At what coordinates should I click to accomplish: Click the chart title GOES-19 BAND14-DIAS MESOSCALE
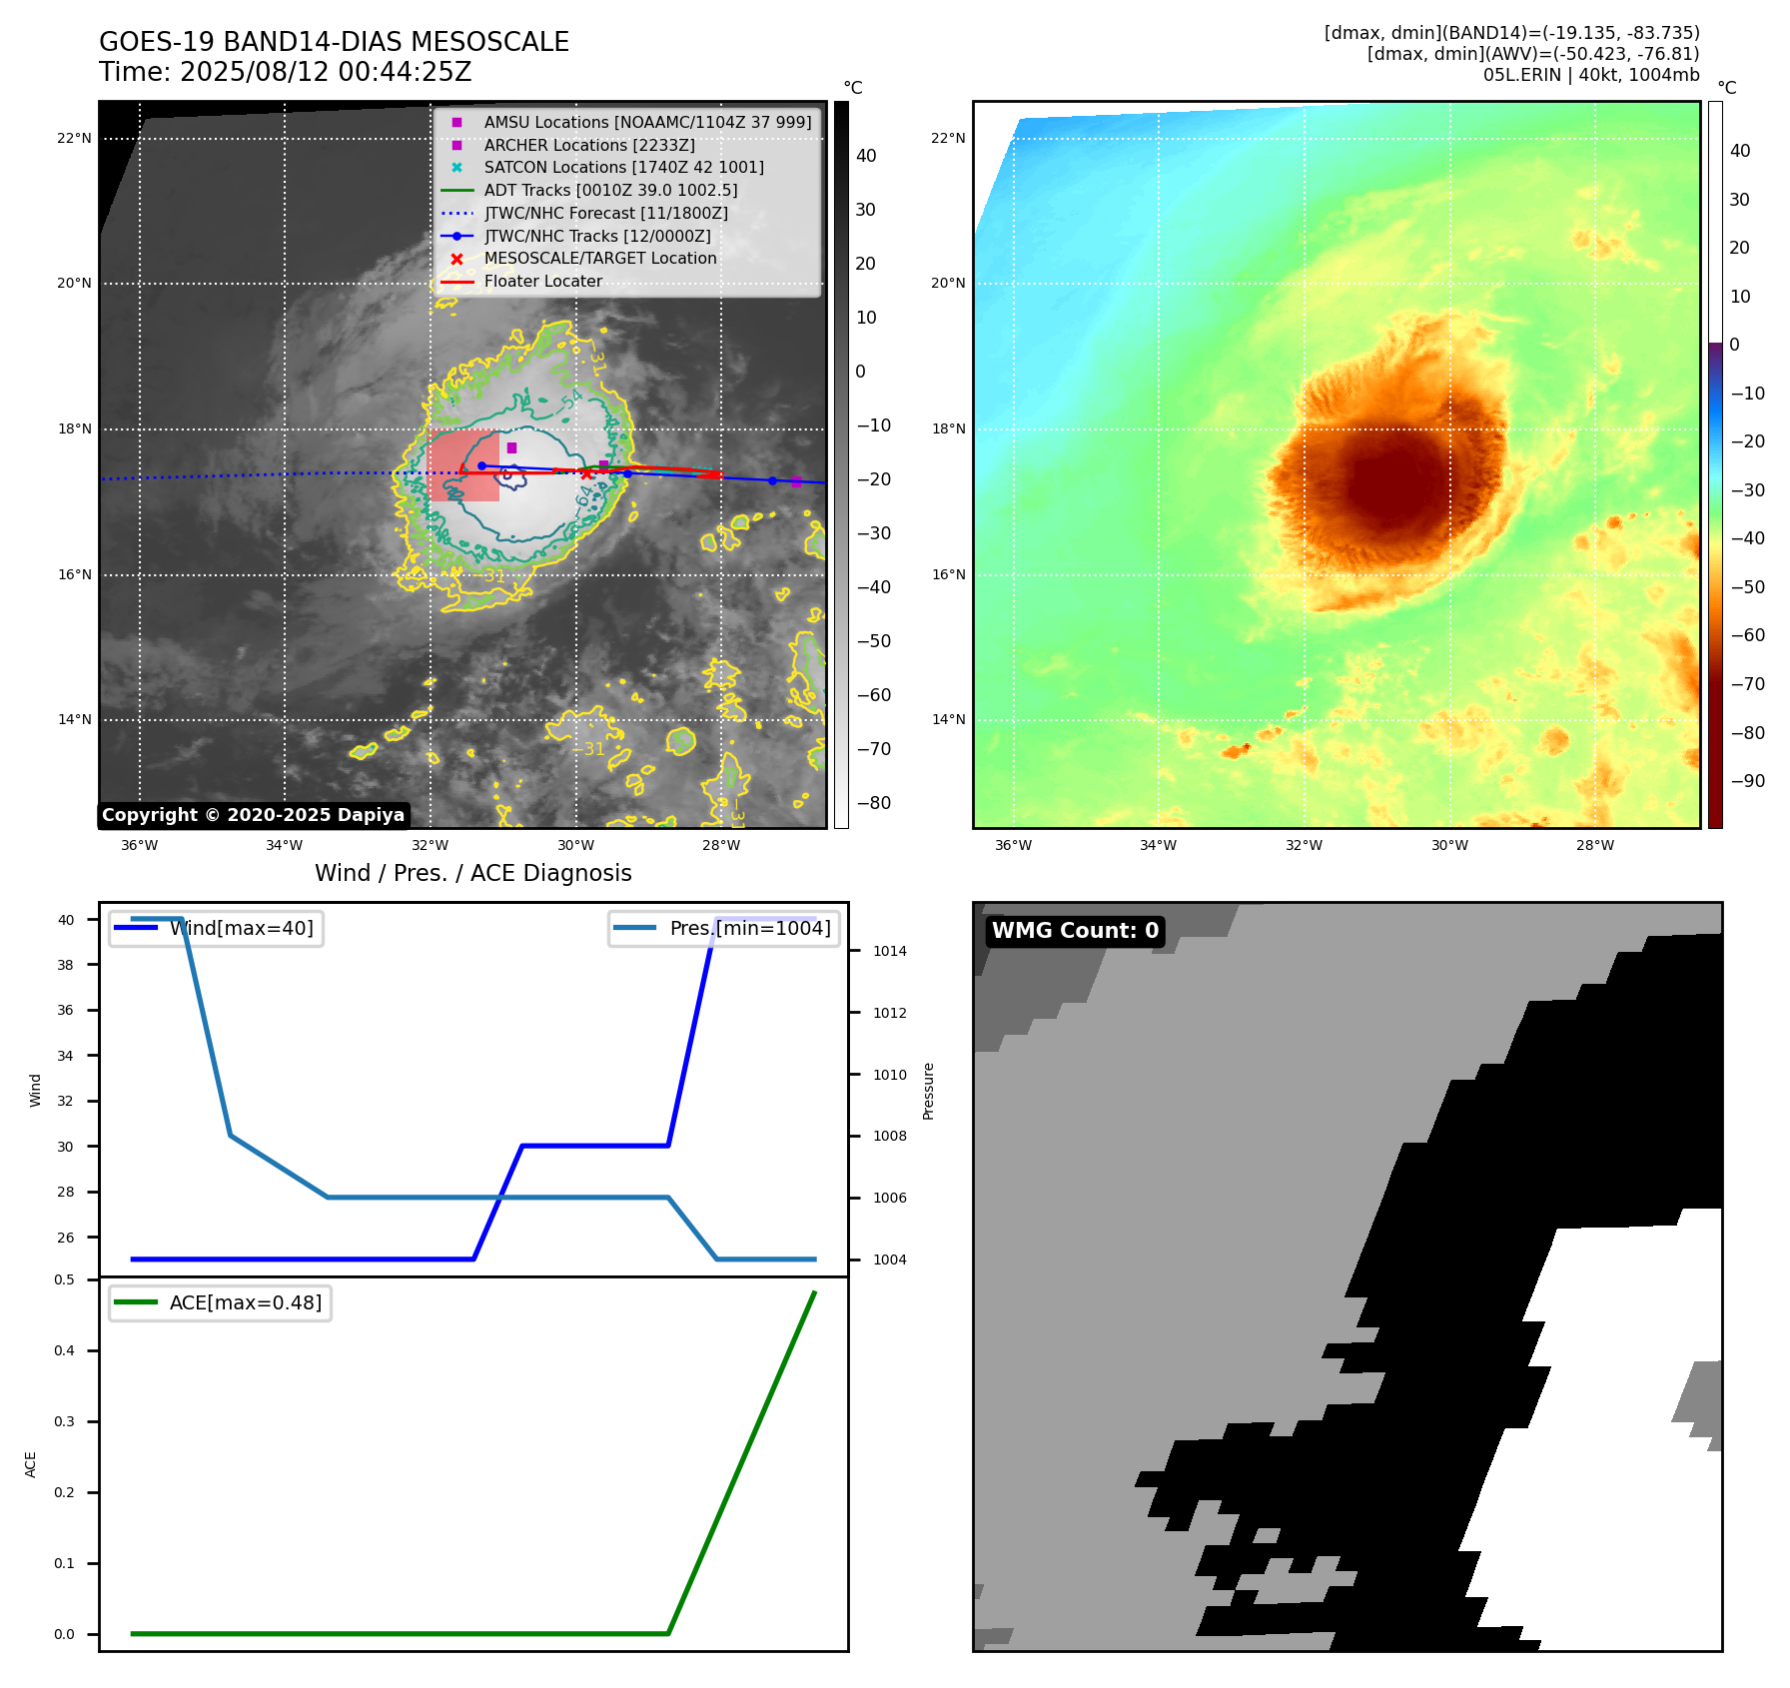click(334, 42)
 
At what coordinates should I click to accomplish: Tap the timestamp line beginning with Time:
click(285, 72)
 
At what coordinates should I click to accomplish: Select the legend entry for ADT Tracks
click(610, 190)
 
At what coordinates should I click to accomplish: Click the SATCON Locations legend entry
click(623, 167)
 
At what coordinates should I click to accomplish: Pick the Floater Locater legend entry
click(542, 282)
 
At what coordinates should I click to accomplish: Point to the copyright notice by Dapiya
click(253, 815)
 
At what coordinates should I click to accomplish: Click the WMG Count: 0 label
click(1075, 931)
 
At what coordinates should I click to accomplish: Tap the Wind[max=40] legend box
click(216, 929)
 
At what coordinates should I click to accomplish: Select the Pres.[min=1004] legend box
click(724, 929)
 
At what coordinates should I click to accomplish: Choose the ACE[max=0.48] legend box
click(220, 1303)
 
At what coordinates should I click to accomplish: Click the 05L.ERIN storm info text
click(1590, 75)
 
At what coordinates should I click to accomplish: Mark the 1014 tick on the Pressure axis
click(889, 952)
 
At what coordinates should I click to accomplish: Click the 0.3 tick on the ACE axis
click(64, 1422)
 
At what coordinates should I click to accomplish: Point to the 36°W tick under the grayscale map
click(139, 846)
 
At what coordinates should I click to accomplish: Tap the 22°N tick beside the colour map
click(948, 139)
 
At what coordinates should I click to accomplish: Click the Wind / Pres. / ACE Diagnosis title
click(472, 874)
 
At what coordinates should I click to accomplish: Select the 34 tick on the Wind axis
click(65, 1056)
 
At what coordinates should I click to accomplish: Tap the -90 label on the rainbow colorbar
click(1747, 781)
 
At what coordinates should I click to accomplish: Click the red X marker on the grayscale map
click(587, 474)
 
